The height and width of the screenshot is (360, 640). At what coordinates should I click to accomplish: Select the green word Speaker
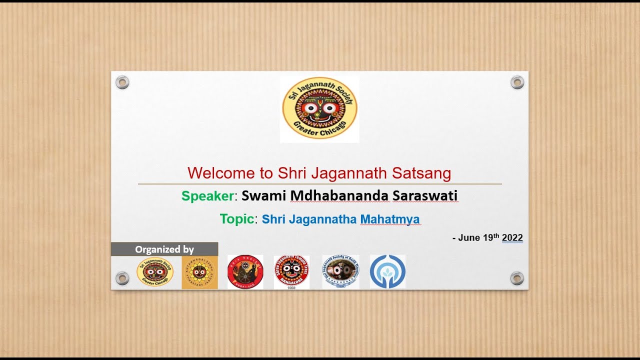pos(207,196)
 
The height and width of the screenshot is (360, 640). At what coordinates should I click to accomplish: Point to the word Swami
pos(263,196)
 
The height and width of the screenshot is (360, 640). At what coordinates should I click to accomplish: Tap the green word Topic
pos(237,219)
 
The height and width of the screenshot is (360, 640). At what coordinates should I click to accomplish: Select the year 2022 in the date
pos(512,238)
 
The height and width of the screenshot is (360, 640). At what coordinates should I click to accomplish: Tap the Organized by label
pos(164,249)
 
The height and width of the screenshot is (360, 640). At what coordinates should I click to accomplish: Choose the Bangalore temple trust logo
pos(291,272)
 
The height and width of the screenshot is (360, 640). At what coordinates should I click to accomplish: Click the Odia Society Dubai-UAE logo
pos(245,272)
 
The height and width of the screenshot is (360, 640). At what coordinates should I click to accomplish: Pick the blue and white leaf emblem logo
pos(387,272)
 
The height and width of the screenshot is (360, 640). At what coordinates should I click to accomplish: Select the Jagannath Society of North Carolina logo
pos(340,272)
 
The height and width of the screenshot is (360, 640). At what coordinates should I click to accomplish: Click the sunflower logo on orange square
pos(199,272)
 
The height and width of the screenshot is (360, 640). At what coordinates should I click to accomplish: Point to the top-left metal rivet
pos(122,82)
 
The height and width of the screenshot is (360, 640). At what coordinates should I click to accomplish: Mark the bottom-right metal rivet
pos(517,278)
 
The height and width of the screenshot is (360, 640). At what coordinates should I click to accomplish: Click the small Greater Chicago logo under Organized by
pos(155,272)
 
